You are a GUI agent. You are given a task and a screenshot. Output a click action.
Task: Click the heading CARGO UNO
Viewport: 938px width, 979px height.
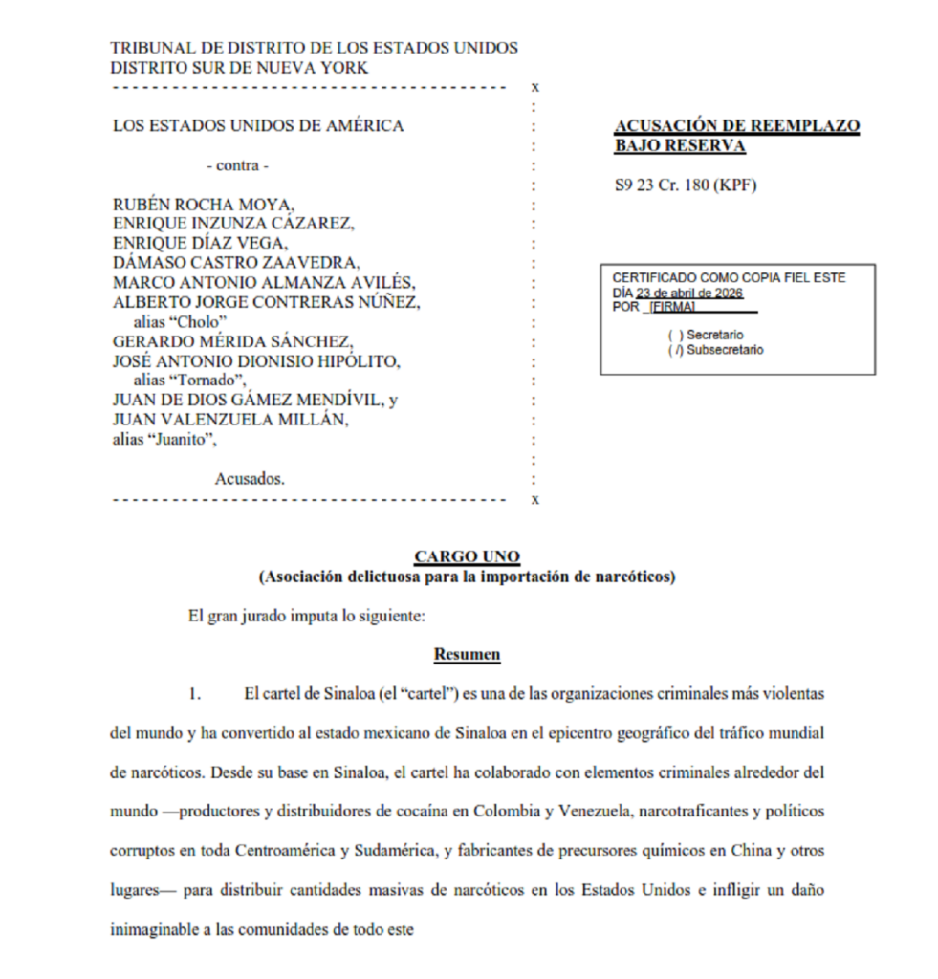tap(467, 556)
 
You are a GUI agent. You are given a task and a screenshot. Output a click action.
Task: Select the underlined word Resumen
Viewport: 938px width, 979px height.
tap(467, 655)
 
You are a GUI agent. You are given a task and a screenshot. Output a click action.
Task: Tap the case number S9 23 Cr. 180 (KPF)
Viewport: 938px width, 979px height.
tap(686, 185)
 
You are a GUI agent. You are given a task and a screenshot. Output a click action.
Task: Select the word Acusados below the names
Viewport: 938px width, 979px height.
tap(249, 479)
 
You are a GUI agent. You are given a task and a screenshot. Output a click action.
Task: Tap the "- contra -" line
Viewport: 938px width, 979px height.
tap(238, 165)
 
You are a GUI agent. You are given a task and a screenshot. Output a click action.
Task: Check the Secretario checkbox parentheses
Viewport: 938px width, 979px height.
tap(675, 336)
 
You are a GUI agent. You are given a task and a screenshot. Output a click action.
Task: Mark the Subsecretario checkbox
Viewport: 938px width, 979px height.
tap(675, 350)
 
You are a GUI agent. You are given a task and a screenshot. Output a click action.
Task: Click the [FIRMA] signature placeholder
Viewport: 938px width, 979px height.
tap(672, 307)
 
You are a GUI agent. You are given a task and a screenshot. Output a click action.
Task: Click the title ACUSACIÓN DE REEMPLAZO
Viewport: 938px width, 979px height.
tap(736, 126)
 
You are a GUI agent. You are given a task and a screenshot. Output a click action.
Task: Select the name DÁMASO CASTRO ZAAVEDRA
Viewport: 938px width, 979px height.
tap(235, 263)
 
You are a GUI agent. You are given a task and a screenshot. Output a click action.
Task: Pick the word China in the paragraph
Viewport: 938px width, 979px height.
tap(748, 851)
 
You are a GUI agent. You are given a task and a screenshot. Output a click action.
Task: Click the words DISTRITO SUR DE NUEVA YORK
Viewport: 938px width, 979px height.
tap(239, 68)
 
